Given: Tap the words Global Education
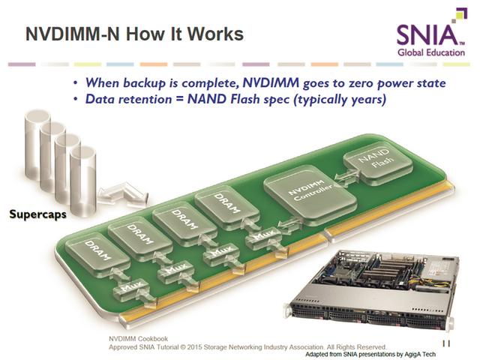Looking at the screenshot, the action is pyautogui.click(x=431, y=52).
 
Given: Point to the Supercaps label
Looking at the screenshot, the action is pyautogui.click(x=37, y=214).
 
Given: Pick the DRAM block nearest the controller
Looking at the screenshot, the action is pyautogui.click(x=226, y=207).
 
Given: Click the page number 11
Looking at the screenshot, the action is pyautogui.click(x=446, y=343).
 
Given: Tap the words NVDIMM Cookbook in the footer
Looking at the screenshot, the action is pyautogui.click(x=138, y=339).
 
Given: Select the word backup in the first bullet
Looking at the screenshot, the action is pyautogui.click(x=145, y=83).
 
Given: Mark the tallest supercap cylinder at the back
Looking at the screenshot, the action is pyautogui.click(x=37, y=144).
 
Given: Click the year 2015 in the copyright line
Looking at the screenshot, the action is pyautogui.click(x=195, y=347).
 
